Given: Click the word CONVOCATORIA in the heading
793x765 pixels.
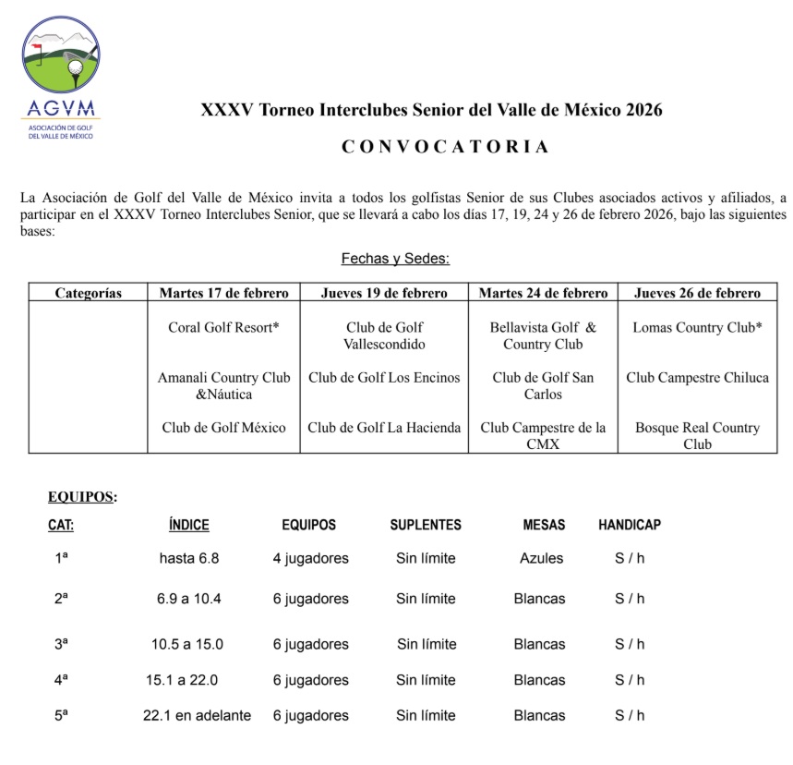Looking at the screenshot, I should coord(445,146).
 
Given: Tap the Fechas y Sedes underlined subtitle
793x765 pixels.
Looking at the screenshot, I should coord(395,259).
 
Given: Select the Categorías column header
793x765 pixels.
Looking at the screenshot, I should coord(88,293).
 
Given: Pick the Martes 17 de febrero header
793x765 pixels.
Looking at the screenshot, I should coord(223,293).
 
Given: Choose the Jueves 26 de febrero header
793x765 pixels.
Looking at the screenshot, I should coord(697,293).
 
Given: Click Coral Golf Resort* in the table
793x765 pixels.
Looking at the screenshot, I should coord(223,327).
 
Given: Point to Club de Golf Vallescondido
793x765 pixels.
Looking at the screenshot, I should coord(385,335).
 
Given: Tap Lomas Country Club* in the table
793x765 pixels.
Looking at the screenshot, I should coord(697,327).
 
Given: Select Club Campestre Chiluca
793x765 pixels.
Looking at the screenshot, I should coord(697,377).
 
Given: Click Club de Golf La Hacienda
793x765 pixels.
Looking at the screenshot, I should coord(384,428).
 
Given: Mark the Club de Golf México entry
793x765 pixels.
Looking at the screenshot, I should coord(223,428).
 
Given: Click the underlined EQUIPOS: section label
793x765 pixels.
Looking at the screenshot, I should coord(82,497).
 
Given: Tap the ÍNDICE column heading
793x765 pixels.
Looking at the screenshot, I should coord(189,525).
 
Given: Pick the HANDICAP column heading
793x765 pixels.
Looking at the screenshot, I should coord(630,525).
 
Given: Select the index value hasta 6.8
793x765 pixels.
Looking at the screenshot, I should coord(189,558).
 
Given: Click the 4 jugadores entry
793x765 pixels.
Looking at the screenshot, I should coord(310,558).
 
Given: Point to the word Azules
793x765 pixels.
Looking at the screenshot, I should coord(541,558).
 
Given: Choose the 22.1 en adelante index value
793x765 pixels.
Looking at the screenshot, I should coord(197,715).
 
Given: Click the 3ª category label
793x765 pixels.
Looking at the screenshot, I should coord(61,644).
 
